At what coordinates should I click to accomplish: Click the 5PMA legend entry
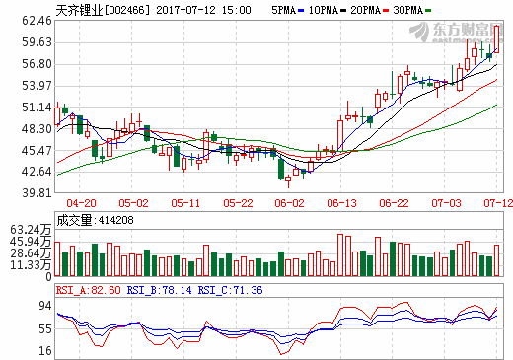pos(281,9)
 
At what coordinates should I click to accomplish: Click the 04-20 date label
pos(81,202)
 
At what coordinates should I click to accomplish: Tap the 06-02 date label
pos(289,202)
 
